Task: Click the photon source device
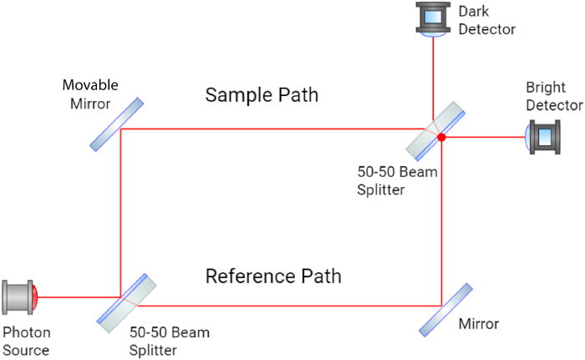[18, 296]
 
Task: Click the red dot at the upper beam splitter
[441, 137]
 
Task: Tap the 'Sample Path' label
[262, 95]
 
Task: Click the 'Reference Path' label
[273, 276]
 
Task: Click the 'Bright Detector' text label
[553, 96]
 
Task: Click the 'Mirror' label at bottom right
[479, 323]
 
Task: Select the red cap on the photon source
[37, 296]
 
